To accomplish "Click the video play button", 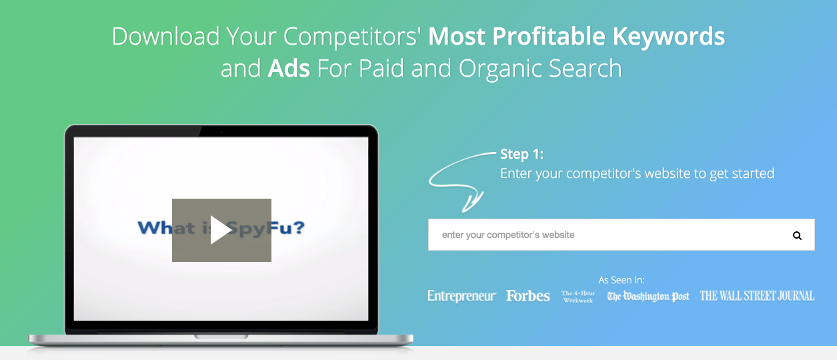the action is [221, 230].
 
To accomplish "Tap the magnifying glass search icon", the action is [797, 235].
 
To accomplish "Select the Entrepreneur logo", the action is [462, 296].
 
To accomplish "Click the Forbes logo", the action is [528, 296].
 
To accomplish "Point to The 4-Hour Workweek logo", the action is [578, 297].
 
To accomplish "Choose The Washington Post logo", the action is [648, 297].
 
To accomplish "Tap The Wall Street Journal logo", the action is [757, 296].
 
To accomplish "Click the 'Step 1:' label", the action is [522, 154].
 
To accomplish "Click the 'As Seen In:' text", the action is [622, 280].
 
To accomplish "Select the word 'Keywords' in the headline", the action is [668, 36].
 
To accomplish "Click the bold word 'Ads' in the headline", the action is [289, 69].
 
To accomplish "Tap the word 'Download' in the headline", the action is [165, 36].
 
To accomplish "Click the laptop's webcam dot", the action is [221, 132].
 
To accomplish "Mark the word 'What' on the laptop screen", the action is [166, 227].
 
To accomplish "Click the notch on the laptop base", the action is [221, 337].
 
